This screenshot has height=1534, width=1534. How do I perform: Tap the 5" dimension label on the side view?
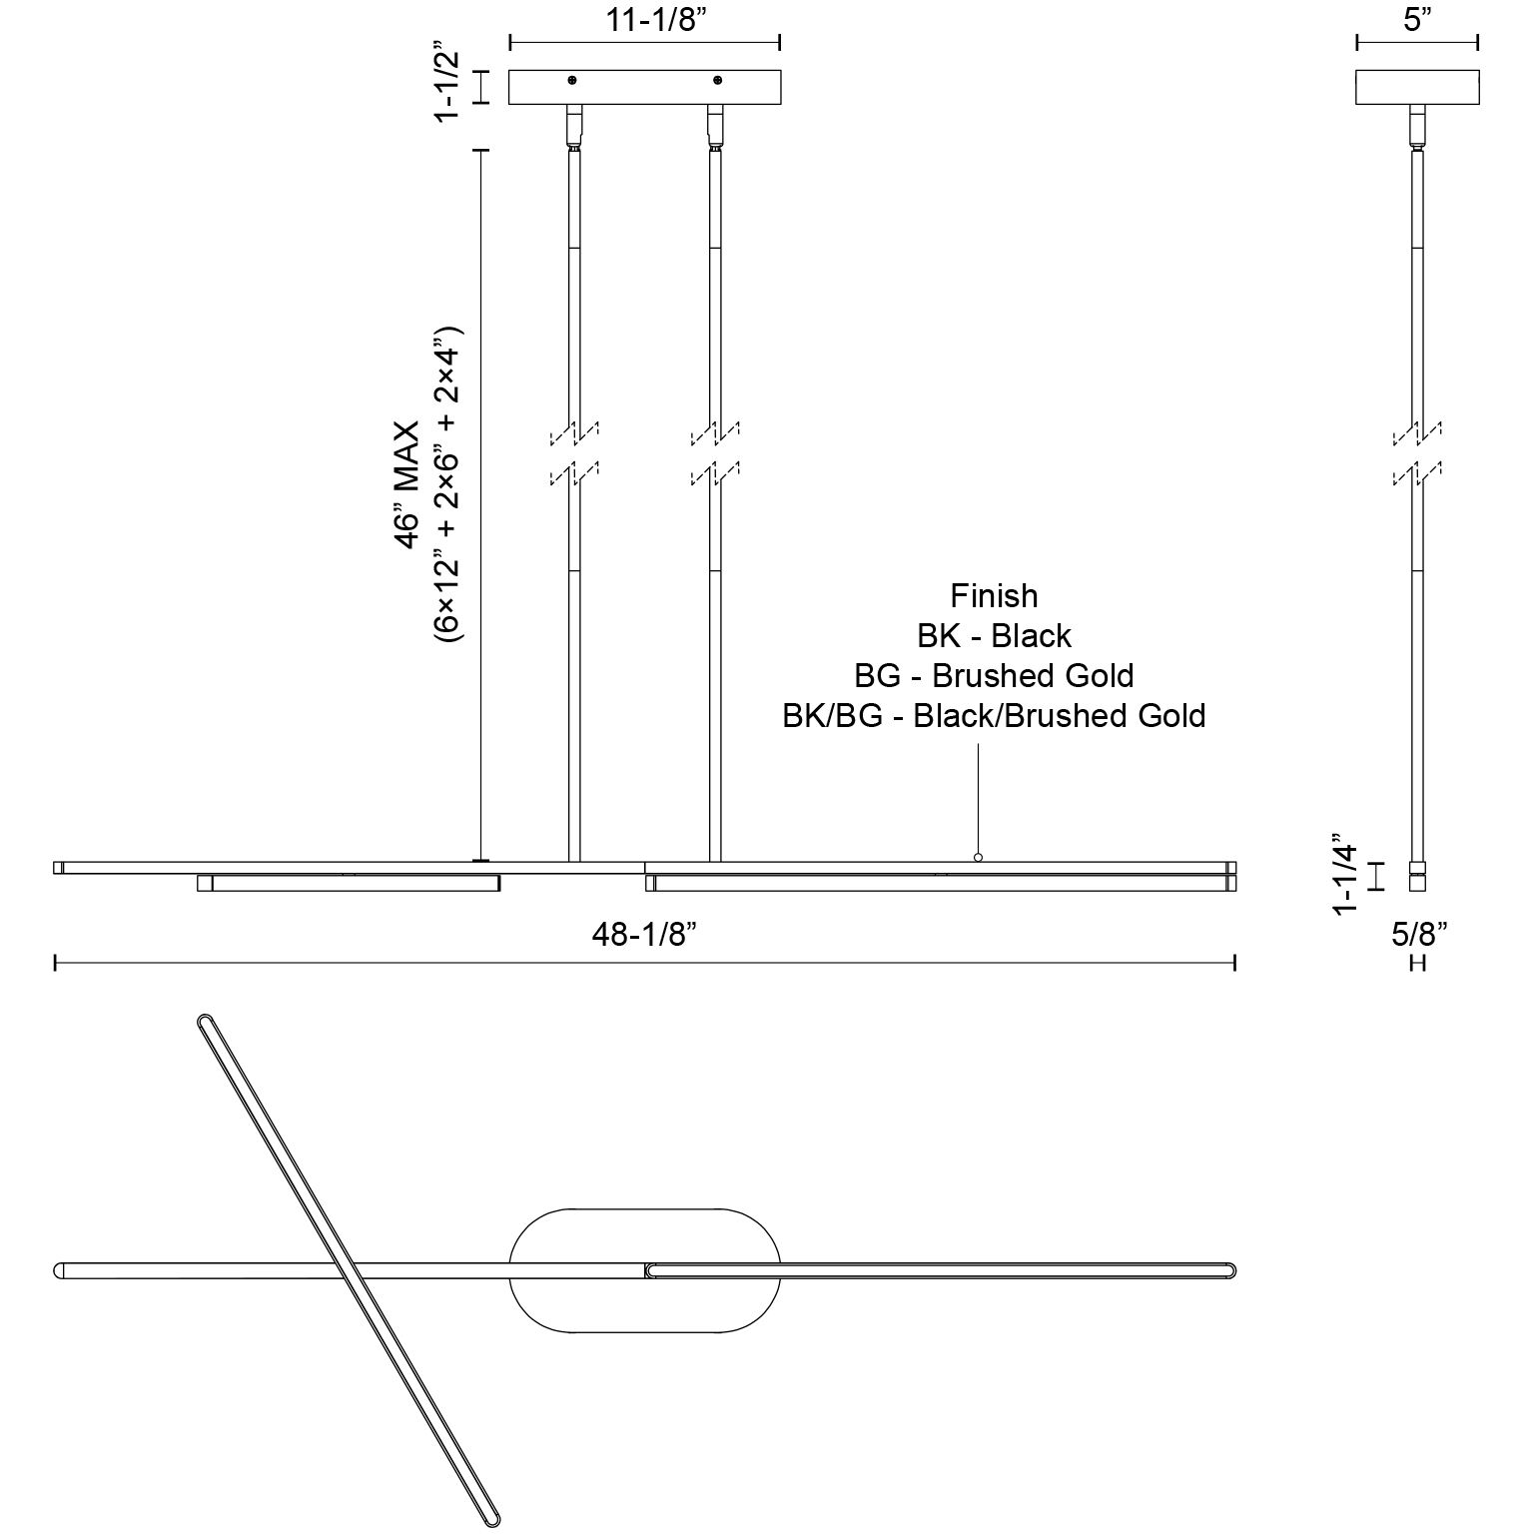1416,19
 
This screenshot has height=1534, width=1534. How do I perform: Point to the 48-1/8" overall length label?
644,934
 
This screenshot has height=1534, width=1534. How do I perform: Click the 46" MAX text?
406,485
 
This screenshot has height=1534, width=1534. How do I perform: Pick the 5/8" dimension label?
1419,934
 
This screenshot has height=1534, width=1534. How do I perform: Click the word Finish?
994,596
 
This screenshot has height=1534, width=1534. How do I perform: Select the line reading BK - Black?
994,636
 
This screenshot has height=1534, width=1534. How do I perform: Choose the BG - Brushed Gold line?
994,676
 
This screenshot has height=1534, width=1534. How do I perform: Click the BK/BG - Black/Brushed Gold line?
994,716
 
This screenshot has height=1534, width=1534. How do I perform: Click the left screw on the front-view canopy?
572,80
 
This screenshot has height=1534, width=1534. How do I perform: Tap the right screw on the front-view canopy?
716,80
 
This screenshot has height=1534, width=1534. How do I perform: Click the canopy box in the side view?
1416,87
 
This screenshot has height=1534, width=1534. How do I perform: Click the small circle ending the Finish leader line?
978,857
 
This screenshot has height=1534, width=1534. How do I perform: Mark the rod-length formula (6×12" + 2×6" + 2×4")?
446,485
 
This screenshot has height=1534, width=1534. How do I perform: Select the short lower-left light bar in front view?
349,883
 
